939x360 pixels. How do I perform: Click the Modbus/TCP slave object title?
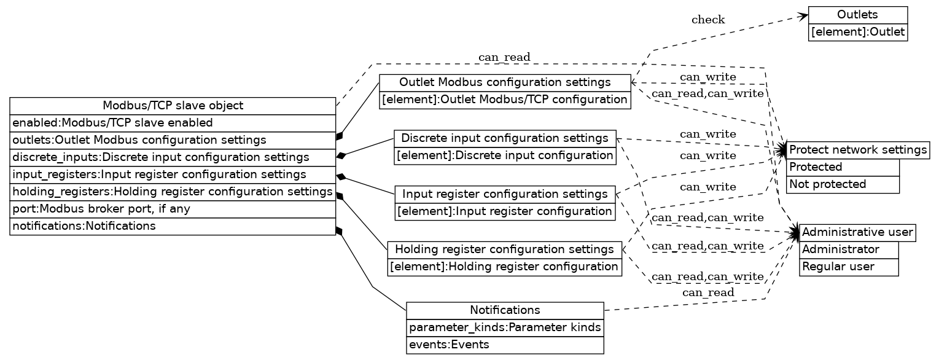click(173, 106)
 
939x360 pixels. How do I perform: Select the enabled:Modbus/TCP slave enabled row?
click(173, 123)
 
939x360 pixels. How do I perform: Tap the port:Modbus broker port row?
click(173, 209)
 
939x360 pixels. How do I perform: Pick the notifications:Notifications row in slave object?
click(173, 226)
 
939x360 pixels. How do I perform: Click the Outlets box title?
click(857, 15)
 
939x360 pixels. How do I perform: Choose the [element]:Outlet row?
click(857, 32)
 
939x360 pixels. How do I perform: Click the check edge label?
click(707, 20)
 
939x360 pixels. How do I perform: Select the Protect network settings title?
click(857, 150)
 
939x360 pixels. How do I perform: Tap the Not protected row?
click(842, 184)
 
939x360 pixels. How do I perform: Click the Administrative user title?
click(857, 233)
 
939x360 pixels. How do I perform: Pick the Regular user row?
click(848, 267)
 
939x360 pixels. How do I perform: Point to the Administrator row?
click(848, 250)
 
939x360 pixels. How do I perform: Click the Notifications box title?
click(505, 310)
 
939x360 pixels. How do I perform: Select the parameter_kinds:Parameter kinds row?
click(505, 327)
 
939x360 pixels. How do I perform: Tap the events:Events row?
click(505, 345)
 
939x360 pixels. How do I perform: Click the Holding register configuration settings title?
click(504, 249)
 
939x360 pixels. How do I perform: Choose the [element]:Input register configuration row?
click(504, 211)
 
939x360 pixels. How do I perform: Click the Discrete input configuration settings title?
click(504, 138)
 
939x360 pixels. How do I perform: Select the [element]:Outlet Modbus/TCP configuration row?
click(505, 100)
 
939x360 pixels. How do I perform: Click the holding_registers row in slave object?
click(173, 192)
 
